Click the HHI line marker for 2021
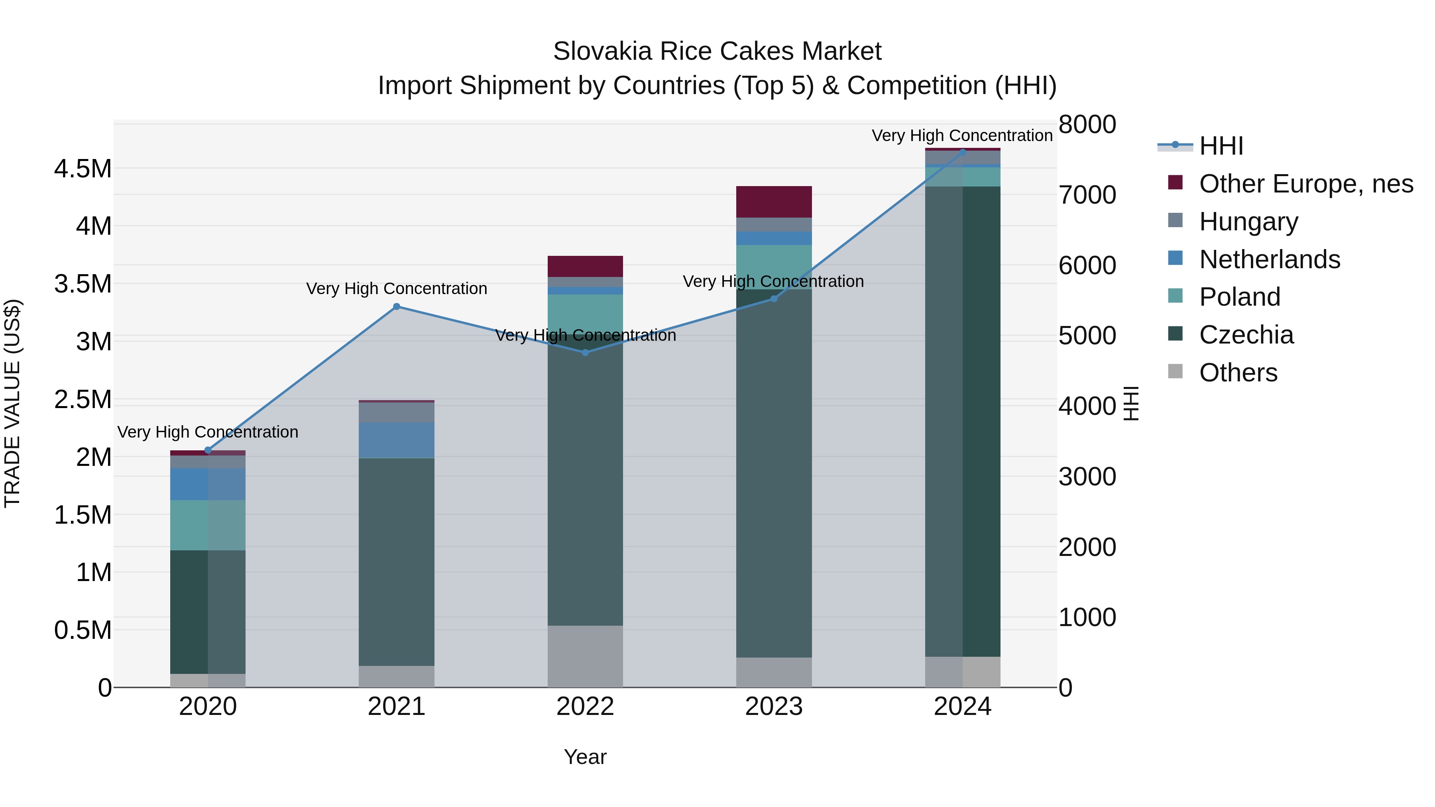397,306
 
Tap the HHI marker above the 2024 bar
963,152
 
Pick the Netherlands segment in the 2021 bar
397,440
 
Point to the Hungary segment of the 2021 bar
397,412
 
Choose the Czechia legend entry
1246,335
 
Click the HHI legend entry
1221,146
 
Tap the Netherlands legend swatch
1176,258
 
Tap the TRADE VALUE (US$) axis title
12,403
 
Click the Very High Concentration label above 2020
208,432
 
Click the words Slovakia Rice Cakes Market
717,51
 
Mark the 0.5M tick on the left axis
83,630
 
